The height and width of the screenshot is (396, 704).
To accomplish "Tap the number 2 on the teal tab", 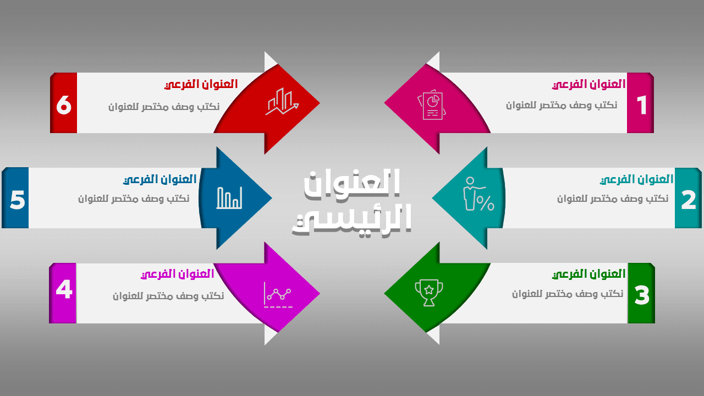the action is [x=689, y=200].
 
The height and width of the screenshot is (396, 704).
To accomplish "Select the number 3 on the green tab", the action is [x=641, y=295].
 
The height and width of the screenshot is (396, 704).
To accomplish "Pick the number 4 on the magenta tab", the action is [x=64, y=289].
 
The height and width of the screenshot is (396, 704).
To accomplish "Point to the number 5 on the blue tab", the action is [x=17, y=200].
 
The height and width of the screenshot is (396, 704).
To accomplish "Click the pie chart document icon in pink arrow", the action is [x=432, y=105].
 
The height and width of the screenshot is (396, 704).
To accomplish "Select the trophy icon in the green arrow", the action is [x=429, y=292].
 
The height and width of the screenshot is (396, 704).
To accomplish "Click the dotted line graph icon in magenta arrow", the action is [x=279, y=295].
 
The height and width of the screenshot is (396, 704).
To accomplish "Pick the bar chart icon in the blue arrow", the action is [x=229, y=198].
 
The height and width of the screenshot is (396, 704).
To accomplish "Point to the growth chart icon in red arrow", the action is [x=282, y=101].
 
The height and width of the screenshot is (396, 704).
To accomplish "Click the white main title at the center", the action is [x=352, y=201].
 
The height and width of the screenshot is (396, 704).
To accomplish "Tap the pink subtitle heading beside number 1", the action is [x=588, y=84].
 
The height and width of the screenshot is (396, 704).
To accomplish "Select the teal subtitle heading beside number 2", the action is [x=636, y=179].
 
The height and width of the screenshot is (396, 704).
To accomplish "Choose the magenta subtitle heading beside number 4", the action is [x=178, y=274].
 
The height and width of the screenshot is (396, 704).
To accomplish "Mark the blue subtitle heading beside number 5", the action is [x=159, y=179].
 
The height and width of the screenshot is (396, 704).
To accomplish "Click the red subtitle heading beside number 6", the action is [x=201, y=84].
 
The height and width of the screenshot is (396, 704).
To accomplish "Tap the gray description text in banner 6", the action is [x=164, y=107].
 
